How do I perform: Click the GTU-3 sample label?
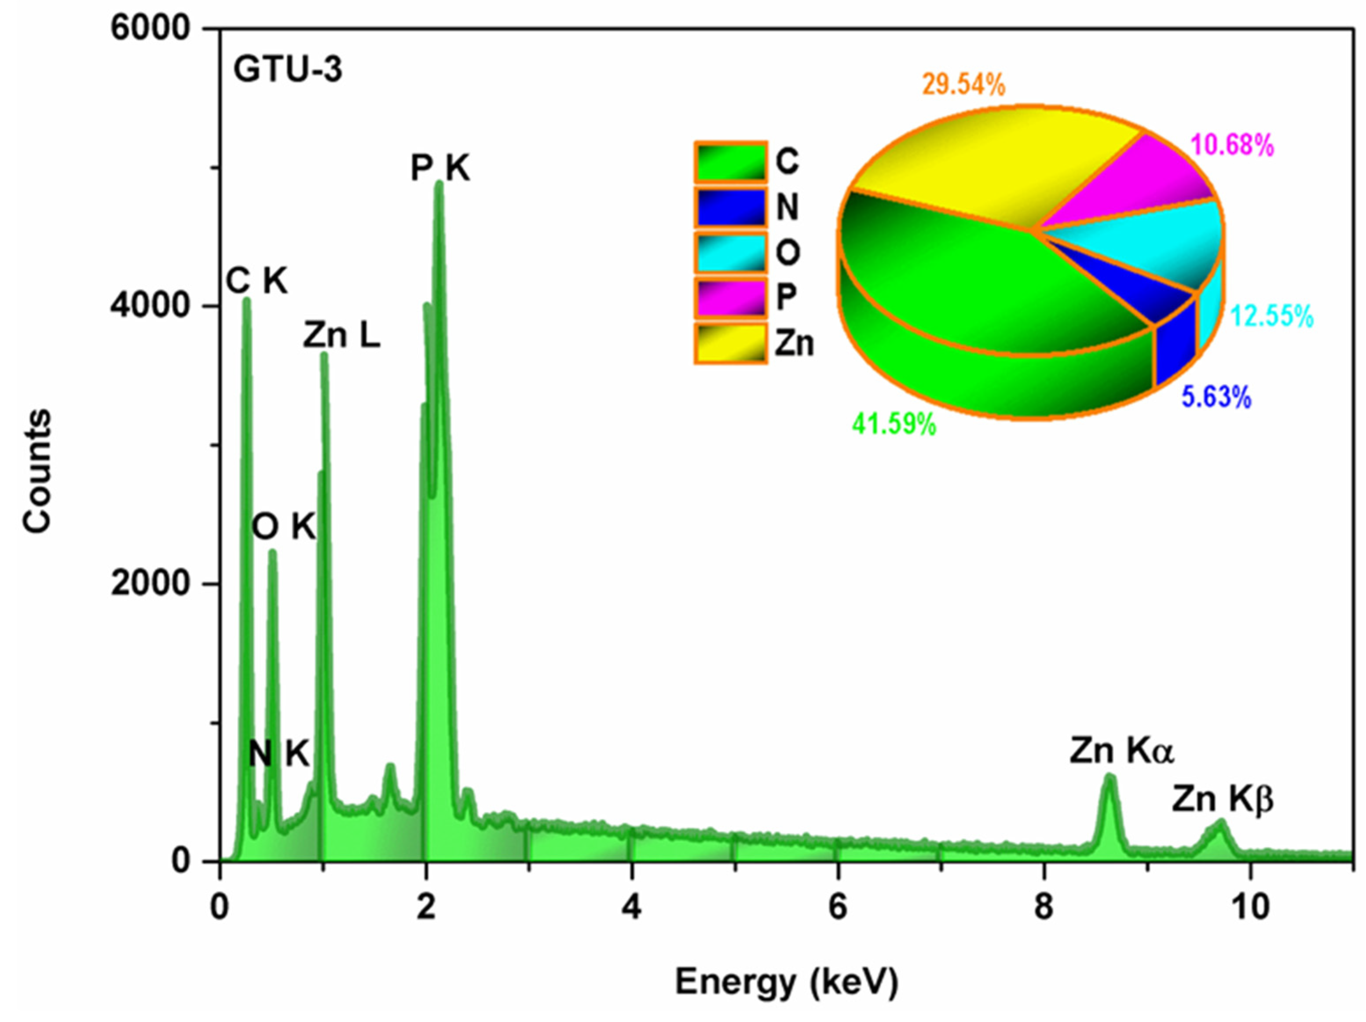[x=287, y=70]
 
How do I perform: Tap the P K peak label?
[x=440, y=168]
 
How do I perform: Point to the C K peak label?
[x=257, y=282]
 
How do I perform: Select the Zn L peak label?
[x=341, y=337]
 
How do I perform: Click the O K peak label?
[x=284, y=528]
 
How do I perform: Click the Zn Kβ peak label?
[x=1223, y=799]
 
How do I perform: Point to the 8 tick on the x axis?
[x=1044, y=908]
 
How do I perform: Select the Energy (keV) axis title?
[x=786, y=982]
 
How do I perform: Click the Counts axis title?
[x=37, y=471]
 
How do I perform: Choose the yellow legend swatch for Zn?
[x=731, y=343]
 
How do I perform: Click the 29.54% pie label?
[x=964, y=84]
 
